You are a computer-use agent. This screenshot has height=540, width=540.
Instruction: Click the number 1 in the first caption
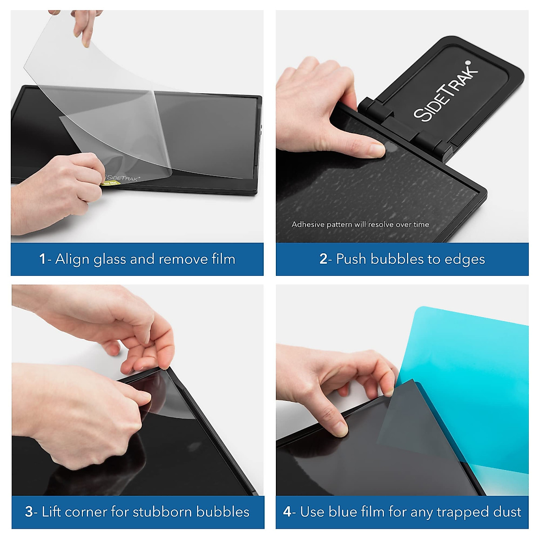pos(42,259)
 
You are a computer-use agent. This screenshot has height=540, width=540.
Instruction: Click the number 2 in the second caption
pos(323,259)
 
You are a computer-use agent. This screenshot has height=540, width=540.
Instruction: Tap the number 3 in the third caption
pos(29,512)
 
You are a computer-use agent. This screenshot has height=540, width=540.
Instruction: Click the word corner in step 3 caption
pos(84,512)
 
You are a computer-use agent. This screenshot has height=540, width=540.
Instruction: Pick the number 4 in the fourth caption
pos(287,512)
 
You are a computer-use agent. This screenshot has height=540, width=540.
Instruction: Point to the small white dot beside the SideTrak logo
pos(468,63)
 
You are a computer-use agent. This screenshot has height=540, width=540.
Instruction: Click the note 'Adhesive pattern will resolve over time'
pos(360,225)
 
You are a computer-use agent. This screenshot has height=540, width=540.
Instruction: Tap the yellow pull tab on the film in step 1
pos(108,183)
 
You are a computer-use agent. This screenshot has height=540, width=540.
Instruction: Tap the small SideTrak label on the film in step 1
pos(122,178)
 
